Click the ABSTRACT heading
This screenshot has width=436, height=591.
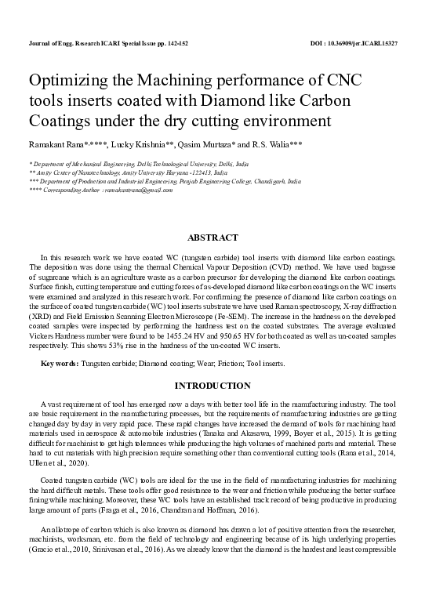click(218, 237)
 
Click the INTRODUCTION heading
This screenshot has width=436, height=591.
click(218, 386)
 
